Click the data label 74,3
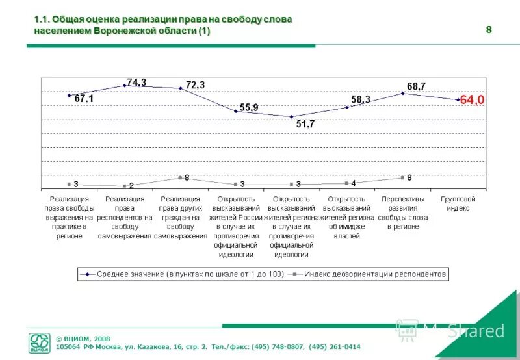[136, 82]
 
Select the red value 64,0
[472, 100]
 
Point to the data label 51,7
[305, 124]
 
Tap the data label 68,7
[416, 86]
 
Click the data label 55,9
[249, 107]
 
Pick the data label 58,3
[361, 99]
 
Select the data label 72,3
[195, 85]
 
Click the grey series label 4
[354, 183]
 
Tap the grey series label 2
[131, 186]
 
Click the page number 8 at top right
[488, 29]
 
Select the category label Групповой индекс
[458, 203]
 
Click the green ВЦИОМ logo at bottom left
[39, 343]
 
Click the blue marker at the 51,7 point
[291, 117]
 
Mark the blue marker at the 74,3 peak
[124, 85]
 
